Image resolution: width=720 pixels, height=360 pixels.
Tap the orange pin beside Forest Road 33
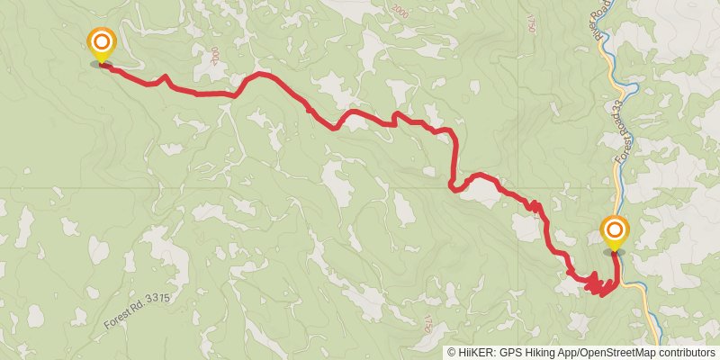tap(615, 233)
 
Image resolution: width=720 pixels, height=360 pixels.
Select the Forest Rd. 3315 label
tap(137, 310)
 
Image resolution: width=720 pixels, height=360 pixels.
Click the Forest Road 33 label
tap(621, 149)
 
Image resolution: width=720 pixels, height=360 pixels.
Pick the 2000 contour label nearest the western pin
tap(214, 56)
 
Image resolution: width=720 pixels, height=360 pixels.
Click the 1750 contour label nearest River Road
tap(531, 19)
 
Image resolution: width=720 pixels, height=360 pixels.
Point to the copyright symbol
tap(452, 352)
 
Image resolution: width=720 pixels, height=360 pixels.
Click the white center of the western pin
tap(102, 40)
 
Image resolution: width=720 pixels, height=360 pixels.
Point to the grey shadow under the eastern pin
tap(615, 252)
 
